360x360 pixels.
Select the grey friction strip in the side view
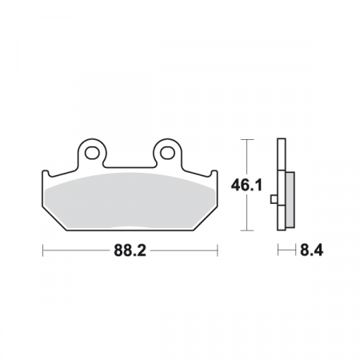click(289, 198)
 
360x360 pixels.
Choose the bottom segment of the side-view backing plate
click(280, 225)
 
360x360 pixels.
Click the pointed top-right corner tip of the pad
click(216, 173)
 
